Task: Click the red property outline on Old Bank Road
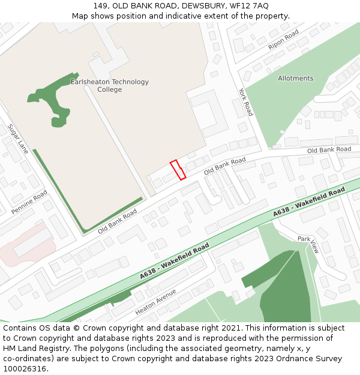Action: click(178, 170)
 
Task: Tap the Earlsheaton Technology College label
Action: click(109, 86)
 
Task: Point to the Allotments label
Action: click(295, 79)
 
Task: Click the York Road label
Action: click(245, 102)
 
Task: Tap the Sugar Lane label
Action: click(18, 139)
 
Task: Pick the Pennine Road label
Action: click(29, 202)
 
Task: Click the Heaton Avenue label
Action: click(156, 302)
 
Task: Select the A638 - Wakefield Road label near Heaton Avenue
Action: click(174, 261)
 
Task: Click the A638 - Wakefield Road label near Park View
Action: click(309, 202)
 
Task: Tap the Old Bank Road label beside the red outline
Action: click(225, 166)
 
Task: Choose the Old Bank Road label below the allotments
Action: click(329, 149)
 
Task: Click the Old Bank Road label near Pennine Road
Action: click(118, 222)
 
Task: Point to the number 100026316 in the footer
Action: click(25, 369)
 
